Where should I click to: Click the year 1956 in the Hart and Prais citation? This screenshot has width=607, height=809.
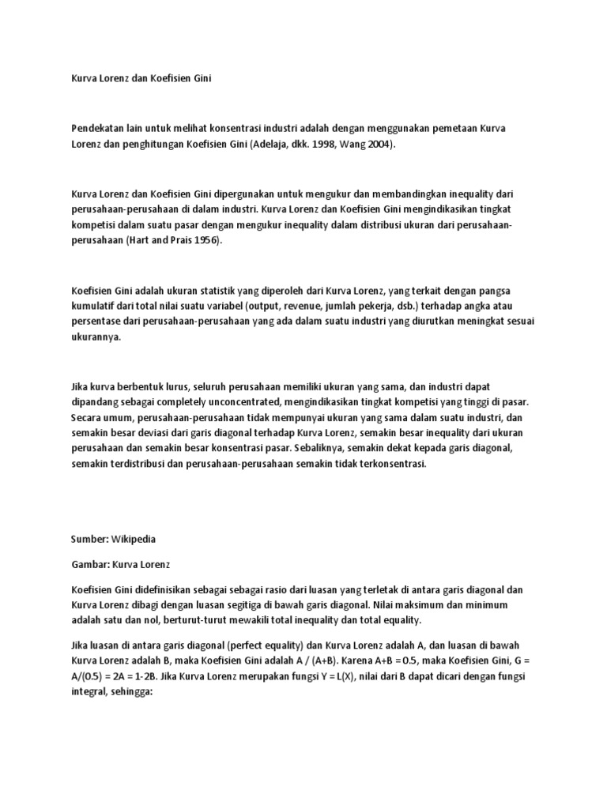[205, 241]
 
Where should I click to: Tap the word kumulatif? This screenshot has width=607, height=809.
[96, 305]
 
